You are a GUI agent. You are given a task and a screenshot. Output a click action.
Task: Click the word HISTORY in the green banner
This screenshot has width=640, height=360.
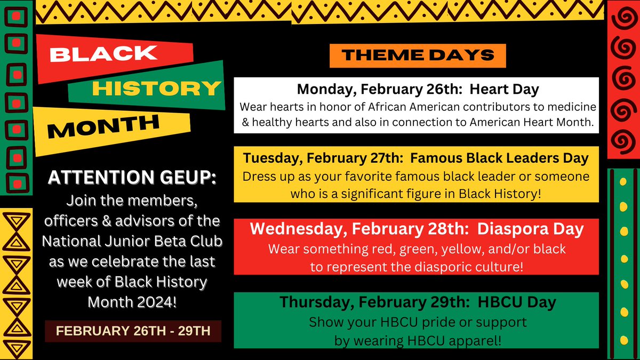coord(156,88)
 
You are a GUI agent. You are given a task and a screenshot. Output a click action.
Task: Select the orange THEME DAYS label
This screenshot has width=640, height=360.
coord(418,54)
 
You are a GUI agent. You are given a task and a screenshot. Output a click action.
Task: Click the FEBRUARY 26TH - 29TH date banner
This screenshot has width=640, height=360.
coord(133,331)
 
